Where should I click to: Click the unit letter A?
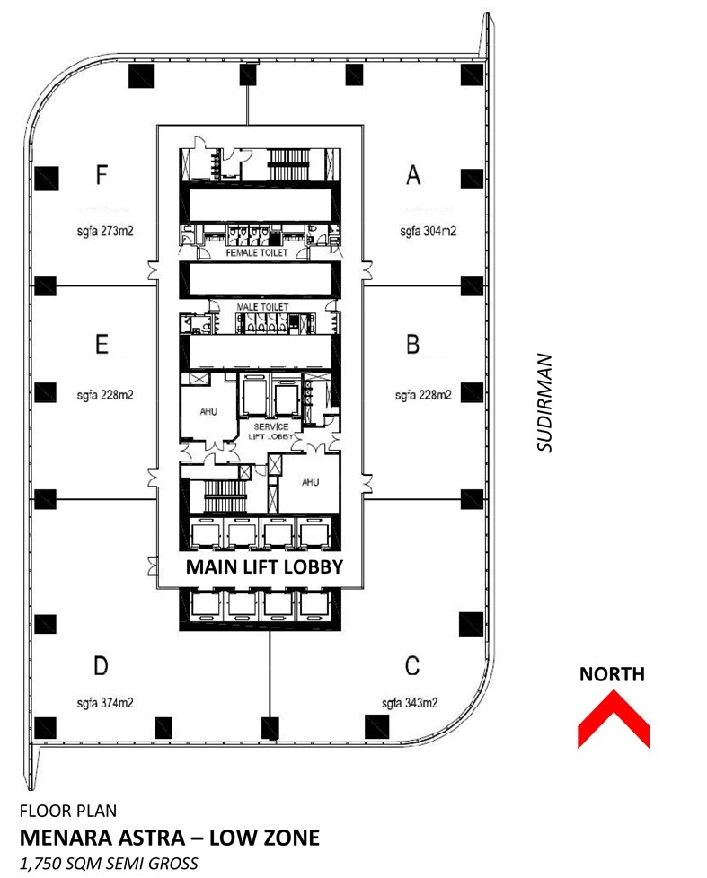click(412, 175)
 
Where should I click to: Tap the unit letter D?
click(102, 665)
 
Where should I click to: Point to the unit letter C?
click(411, 665)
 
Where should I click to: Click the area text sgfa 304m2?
click(429, 231)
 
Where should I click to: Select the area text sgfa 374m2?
click(106, 702)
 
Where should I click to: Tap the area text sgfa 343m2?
click(410, 702)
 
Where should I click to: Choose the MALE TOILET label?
click(261, 307)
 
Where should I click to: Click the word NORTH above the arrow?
click(612, 674)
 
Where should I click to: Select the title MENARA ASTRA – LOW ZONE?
click(169, 838)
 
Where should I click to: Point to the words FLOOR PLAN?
click(67, 812)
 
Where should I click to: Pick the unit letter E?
click(102, 344)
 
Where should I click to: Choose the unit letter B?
click(412, 344)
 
